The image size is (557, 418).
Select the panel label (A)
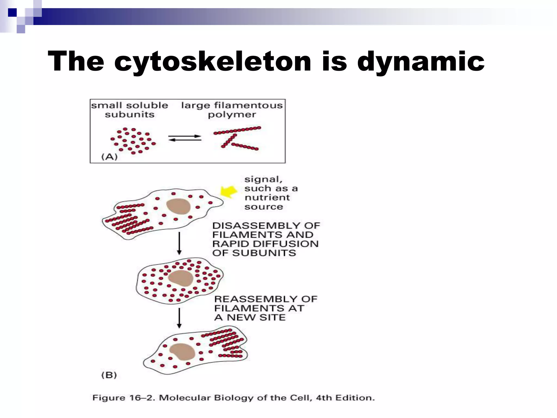[109, 156]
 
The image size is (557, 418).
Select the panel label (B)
[109, 375]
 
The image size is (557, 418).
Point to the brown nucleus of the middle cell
[180, 278]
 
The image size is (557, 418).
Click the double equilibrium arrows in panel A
[185, 138]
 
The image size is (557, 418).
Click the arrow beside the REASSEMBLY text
[179, 318]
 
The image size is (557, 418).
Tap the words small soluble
[129, 106]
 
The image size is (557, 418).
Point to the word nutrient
[267, 198]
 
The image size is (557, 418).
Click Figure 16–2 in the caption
[123, 398]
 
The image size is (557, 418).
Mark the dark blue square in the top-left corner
[12, 13]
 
